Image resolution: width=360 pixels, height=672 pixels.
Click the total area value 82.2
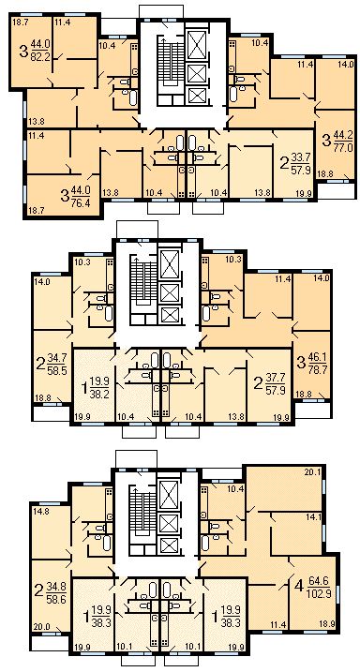[40, 55]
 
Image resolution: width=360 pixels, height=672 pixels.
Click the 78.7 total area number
[318, 370]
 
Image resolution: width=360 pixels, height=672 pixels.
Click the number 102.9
[319, 594]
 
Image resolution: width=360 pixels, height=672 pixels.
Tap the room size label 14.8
[40, 511]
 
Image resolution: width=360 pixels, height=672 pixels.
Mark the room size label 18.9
[326, 624]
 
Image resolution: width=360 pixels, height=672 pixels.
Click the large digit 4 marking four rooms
[299, 589]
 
